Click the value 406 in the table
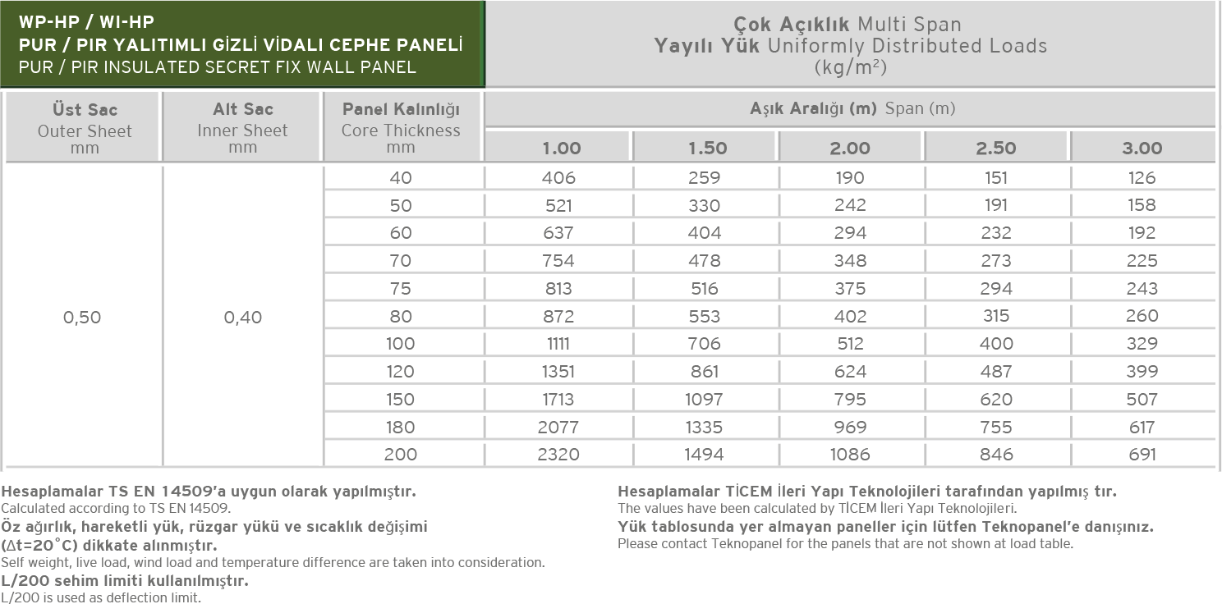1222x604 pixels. pos(558,177)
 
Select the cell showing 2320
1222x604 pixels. pos(558,454)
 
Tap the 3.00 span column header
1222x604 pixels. pos(1142,149)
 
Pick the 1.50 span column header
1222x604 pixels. pos(705,149)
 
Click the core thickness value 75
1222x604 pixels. pos(401,288)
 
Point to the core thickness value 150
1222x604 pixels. pos(401,400)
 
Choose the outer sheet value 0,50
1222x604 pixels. pos(82,317)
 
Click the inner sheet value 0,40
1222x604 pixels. pos(243,317)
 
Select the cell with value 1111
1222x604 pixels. pos(558,344)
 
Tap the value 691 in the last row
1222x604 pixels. pos(1142,454)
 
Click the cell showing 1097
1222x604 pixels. pos(705,400)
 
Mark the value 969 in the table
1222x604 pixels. pos(850,427)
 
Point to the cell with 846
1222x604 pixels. pos(996,454)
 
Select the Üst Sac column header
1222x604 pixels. pos(85,109)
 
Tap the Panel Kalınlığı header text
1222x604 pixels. pos(401,109)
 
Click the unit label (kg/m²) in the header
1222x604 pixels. pos(850,67)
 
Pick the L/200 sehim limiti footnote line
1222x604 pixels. pos(125,581)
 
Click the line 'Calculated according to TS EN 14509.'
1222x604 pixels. pos(116,509)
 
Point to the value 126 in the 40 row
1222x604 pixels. pos(1142,177)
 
